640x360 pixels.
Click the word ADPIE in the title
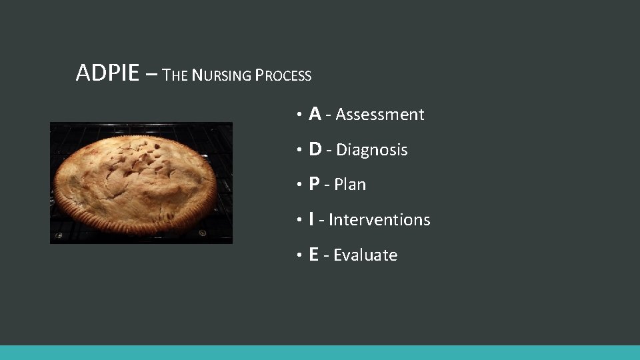point(108,73)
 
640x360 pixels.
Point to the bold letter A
point(316,114)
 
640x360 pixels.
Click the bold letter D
point(317,149)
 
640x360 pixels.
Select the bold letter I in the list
point(312,219)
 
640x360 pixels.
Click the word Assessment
point(379,115)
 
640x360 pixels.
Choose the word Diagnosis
point(371,150)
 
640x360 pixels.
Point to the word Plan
point(350,185)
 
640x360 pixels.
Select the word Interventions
point(379,219)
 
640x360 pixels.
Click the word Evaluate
point(365,255)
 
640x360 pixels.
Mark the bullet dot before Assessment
point(301,116)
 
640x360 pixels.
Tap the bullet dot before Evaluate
point(301,256)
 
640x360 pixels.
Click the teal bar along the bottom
point(320,353)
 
